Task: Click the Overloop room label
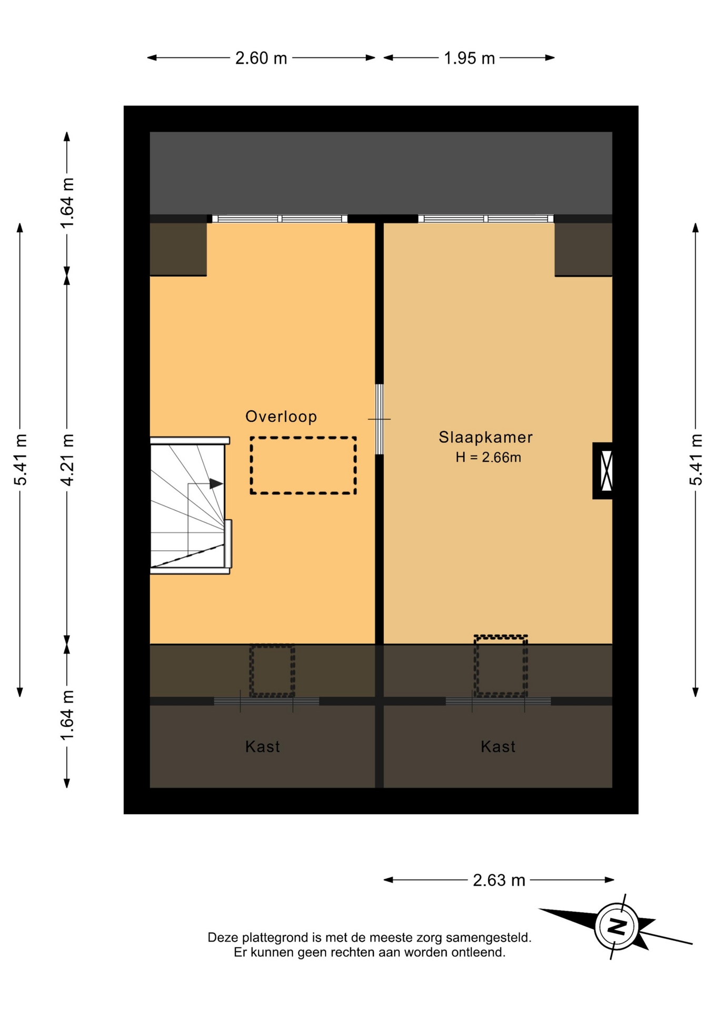click(281, 417)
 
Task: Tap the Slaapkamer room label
click(485, 437)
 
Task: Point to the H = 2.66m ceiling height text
click(488, 457)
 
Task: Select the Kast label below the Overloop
click(262, 746)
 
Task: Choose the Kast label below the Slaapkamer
click(498, 746)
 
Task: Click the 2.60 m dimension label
click(261, 58)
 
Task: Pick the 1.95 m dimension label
click(469, 58)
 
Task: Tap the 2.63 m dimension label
click(499, 880)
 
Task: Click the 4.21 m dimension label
click(67, 460)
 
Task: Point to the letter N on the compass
click(616, 926)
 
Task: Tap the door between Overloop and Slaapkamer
click(379, 419)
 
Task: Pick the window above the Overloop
click(280, 219)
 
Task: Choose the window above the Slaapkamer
click(485, 219)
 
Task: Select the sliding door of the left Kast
click(266, 701)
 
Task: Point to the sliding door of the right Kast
click(498, 701)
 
